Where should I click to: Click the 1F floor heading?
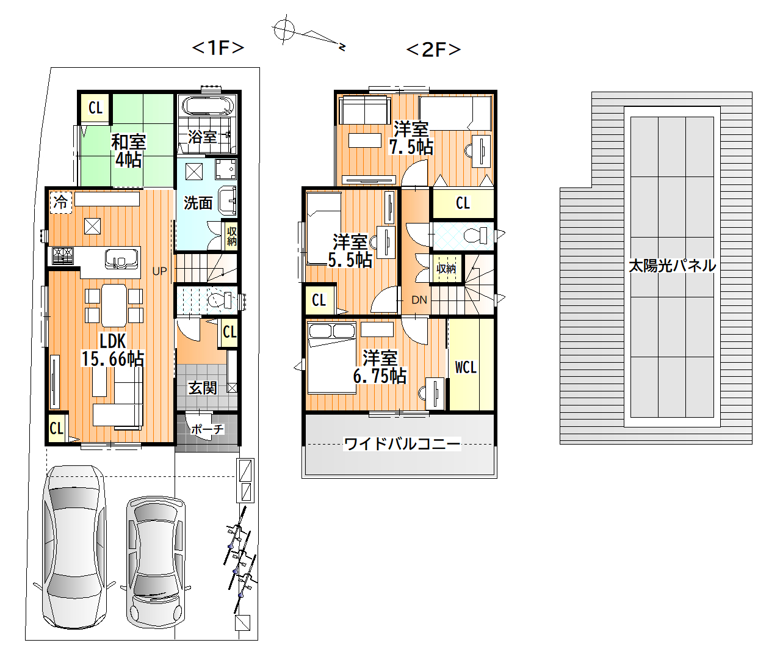[x=218, y=48]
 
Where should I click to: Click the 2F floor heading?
[x=433, y=49]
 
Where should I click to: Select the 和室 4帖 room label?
[x=128, y=151]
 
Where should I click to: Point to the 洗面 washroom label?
[x=198, y=203]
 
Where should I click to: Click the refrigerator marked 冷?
[x=61, y=202]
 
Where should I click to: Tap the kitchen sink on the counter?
[x=121, y=258]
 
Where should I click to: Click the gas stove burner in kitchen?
[x=63, y=255]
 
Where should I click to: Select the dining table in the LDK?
[x=114, y=305]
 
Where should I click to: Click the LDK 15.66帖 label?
[x=113, y=349]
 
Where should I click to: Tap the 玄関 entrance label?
[x=203, y=388]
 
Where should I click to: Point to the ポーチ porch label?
[x=208, y=429]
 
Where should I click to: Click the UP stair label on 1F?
[x=160, y=271]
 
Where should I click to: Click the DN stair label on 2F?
[x=419, y=300]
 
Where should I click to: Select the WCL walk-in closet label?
[x=466, y=368]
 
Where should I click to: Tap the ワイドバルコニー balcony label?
[x=402, y=444]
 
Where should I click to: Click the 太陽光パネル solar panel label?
[x=672, y=266]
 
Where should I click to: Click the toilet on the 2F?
[x=476, y=235]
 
